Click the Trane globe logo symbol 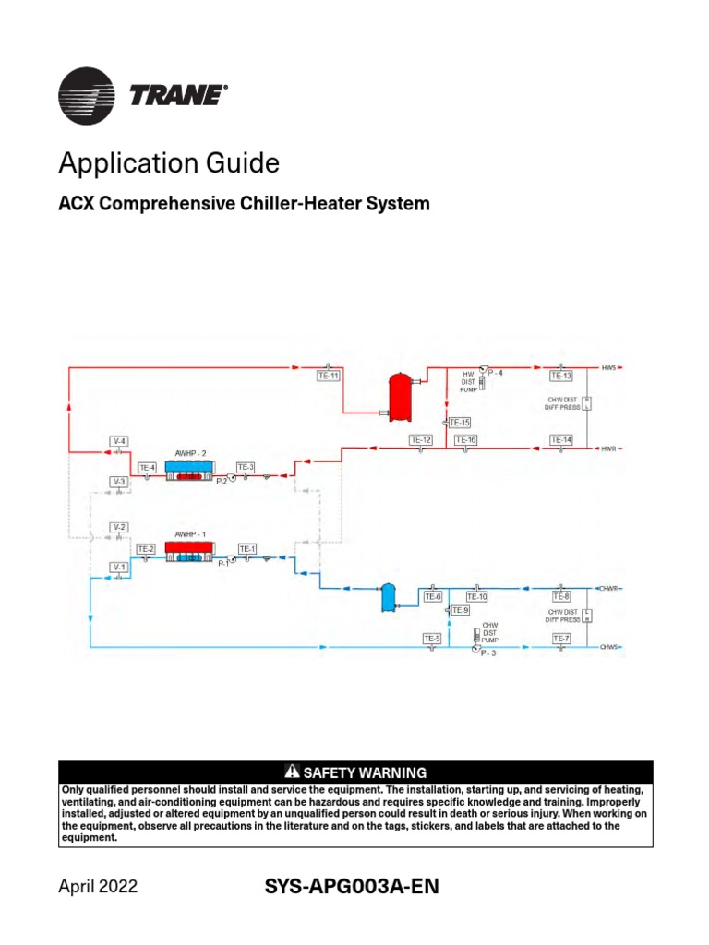pos(87,97)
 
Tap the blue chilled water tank pos(389,598)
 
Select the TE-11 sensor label pos(329,376)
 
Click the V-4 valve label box pos(119,440)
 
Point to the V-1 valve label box pos(119,566)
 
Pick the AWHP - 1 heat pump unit pos(190,551)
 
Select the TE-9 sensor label pos(460,610)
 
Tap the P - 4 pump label pos(496,372)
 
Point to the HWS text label pos(608,367)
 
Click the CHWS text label pos(608,647)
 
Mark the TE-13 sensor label pos(561,376)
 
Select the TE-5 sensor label pos(432,639)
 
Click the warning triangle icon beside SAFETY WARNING pos(294,772)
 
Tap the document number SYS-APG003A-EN pos(351,887)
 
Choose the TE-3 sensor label pos(246,467)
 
